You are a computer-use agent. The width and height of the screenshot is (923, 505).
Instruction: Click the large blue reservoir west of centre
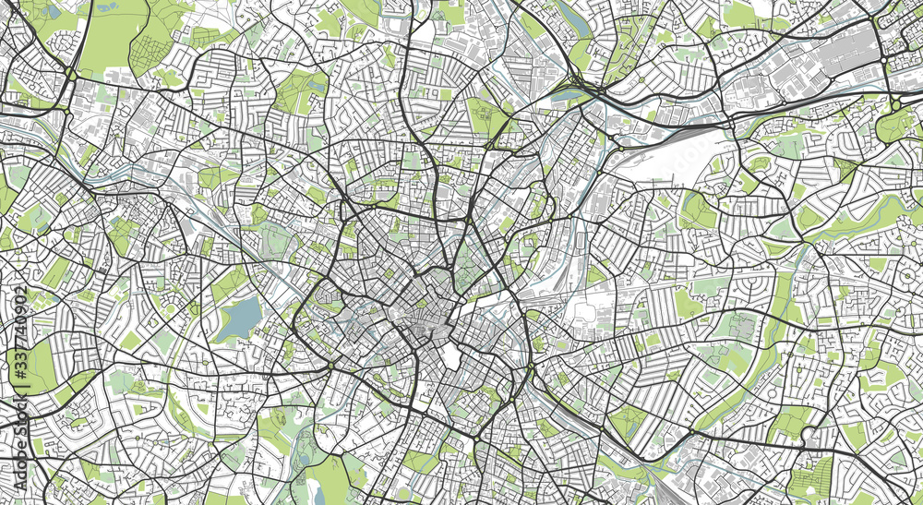[x=241, y=318]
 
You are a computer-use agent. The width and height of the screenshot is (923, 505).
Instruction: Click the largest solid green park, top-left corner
[x=114, y=35]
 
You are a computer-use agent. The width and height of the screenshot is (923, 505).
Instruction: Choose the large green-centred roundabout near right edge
[x=894, y=103]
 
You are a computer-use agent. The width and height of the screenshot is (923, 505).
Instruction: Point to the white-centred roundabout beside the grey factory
[x=889, y=58]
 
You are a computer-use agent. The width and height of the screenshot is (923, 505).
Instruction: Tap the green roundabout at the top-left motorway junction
[x=71, y=74]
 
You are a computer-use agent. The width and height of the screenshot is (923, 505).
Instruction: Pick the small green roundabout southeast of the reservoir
[x=330, y=367]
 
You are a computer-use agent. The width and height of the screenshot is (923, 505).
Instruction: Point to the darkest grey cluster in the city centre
[x=426, y=323]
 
